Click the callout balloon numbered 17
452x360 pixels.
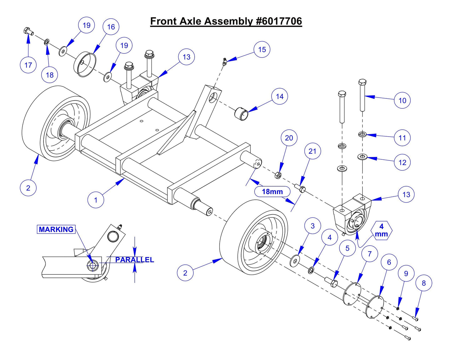[28, 65]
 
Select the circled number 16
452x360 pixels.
[111, 27]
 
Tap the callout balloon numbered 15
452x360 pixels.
[262, 49]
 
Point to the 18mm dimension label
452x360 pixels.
[272, 192]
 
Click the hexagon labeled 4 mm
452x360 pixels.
[381, 230]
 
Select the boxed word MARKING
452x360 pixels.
[56, 229]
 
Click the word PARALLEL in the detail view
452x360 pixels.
[135, 260]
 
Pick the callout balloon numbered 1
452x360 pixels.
[96, 200]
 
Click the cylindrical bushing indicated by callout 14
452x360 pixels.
[242, 113]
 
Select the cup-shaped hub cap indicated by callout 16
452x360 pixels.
[84, 64]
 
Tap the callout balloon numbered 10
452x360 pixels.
[402, 100]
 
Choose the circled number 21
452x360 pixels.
[312, 151]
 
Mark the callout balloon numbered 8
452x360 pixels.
[424, 283]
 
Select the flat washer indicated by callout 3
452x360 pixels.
[295, 260]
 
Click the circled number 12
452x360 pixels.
[402, 162]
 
